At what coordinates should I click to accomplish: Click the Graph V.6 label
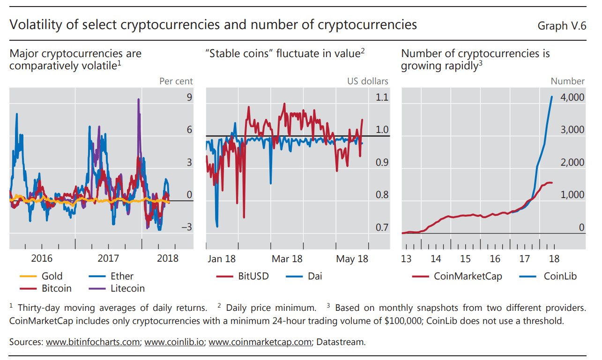[x=562, y=26]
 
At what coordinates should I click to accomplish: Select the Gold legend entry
[x=42, y=276]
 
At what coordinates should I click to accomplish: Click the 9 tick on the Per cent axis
[x=189, y=97]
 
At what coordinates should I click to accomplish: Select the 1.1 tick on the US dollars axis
[x=382, y=97]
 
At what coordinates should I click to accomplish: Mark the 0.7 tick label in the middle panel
[x=382, y=228]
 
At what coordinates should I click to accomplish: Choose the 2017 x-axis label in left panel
[x=108, y=258]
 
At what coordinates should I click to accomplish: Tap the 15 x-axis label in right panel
[x=465, y=259]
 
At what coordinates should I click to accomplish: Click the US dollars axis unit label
[x=368, y=81]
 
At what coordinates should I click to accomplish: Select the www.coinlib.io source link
[x=174, y=342]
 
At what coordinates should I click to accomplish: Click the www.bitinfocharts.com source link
[x=93, y=342]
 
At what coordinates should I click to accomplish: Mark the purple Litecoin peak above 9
[x=138, y=100]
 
